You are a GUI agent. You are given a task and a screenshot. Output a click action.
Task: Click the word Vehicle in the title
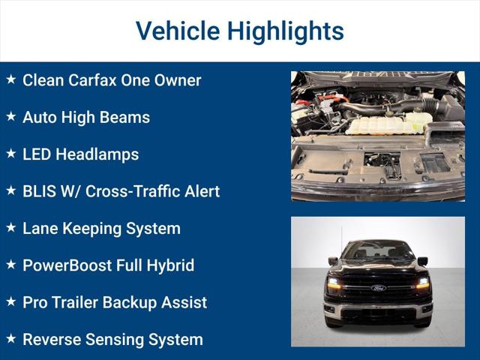point(177,31)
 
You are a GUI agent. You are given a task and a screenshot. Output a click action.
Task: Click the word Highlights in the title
point(285,31)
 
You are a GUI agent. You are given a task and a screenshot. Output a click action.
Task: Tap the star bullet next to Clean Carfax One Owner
point(10,79)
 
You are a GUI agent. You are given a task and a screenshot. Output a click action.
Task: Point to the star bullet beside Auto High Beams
point(10,117)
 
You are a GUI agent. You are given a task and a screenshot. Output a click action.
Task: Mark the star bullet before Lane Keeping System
point(10,228)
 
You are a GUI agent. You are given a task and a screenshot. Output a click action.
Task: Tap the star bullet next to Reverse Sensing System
point(10,339)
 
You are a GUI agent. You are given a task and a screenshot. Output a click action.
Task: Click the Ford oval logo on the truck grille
point(378,287)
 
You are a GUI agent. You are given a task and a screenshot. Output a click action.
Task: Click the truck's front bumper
point(378,310)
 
